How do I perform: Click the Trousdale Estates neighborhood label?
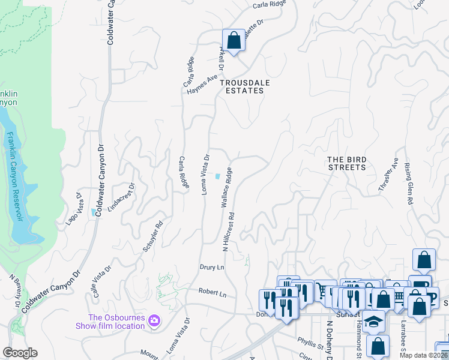(x=241, y=86)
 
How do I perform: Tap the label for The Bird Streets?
(x=346, y=163)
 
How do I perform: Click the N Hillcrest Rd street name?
(x=227, y=231)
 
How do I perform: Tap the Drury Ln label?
(x=211, y=266)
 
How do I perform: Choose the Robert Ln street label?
(x=212, y=294)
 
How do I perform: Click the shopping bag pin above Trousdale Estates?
(x=234, y=41)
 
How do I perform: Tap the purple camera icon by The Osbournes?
(x=154, y=321)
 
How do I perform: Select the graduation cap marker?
(x=373, y=322)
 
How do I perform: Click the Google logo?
(x=20, y=353)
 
